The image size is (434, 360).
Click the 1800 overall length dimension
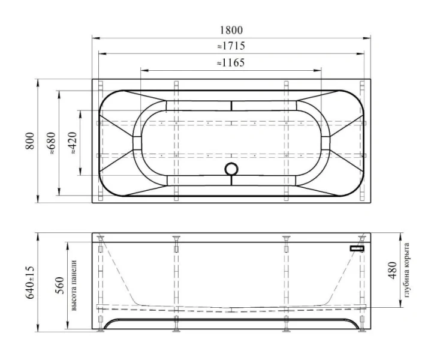pos(231,30)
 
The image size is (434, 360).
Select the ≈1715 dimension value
pos(231,46)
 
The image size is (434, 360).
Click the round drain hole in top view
pos(231,169)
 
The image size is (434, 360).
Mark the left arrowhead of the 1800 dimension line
pos(95,38)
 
